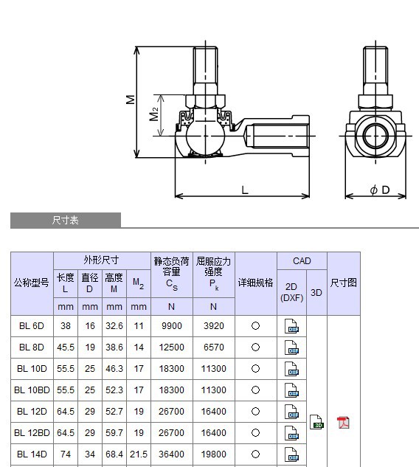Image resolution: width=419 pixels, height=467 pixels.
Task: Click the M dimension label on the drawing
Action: click(131, 99)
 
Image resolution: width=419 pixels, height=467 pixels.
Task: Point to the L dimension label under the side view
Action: click(245, 190)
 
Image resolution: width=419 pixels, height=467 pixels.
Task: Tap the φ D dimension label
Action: click(379, 190)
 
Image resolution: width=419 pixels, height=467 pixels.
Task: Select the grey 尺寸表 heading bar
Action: click(66, 220)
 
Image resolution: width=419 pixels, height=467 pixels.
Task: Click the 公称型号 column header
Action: click(32, 283)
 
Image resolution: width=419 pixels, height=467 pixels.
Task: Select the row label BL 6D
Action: click(32, 325)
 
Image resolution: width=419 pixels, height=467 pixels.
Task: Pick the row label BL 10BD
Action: click(32, 390)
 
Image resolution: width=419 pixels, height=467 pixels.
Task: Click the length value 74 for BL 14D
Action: click(66, 454)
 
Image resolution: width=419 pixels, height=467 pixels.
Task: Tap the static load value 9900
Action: click(171, 325)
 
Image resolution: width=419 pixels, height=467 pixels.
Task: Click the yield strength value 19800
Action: click(214, 454)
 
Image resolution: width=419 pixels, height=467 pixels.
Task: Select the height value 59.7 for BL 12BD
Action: click(114, 433)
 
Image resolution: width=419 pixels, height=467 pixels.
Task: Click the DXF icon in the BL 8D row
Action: click(292, 347)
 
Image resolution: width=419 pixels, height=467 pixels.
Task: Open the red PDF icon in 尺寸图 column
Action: click(343, 423)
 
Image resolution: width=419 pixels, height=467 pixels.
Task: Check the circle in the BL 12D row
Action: click(256, 412)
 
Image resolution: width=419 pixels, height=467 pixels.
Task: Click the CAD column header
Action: click(302, 261)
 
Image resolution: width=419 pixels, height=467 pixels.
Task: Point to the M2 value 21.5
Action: click(139, 454)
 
